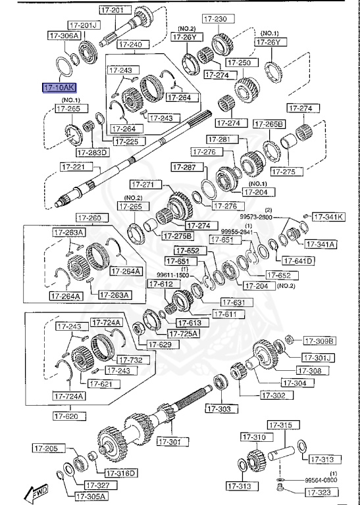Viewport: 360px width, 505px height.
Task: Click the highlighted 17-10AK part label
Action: (59, 87)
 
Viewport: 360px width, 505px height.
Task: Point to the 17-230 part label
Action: (215, 19)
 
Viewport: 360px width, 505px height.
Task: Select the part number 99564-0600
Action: (321, 481)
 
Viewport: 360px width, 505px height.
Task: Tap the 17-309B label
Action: (319, 341)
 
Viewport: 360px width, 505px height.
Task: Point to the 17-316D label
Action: (120, 473)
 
